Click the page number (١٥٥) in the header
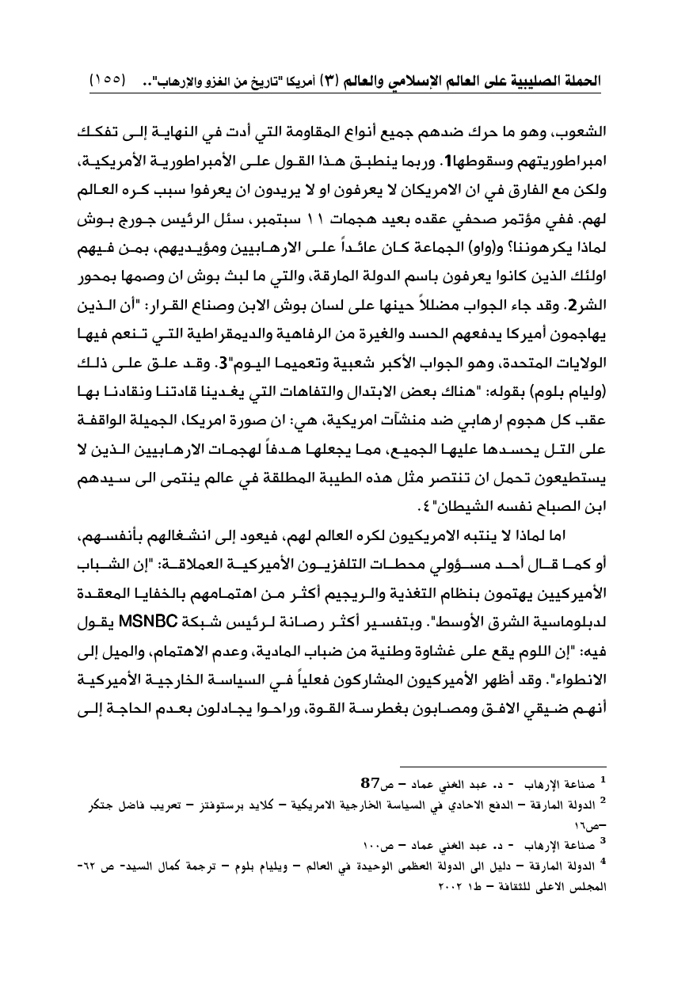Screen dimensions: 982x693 click(x=110, y=80)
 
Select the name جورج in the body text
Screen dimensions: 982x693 click(x=135, y=215)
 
